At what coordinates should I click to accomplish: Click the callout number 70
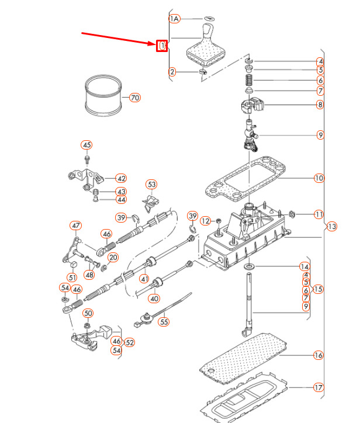[135, 98]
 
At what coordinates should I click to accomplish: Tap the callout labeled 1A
[174, 19]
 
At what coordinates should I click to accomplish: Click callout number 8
[320, 105]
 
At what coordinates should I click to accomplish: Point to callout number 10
[319, 178]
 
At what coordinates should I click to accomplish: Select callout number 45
[86, 145]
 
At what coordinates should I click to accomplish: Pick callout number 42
[121, 178]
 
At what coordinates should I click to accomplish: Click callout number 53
[152, 185]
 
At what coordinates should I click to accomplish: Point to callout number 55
[164, 321]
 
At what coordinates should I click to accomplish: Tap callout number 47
[75, 226]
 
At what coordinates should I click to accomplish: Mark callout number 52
[130, 342]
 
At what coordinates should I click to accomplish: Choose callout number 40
[154, 298]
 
